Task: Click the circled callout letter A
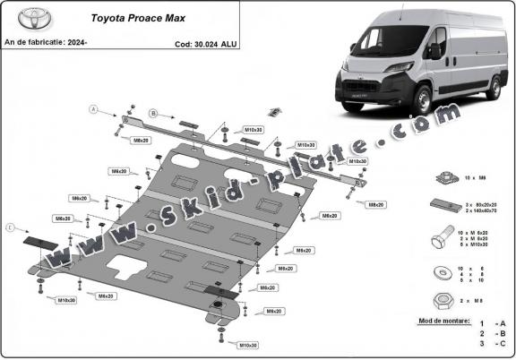(x=92, y=108)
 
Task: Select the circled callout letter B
(x=152, y=114)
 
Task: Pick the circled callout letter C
(x=11, y=228)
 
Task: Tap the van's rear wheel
(x=494, y=87)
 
